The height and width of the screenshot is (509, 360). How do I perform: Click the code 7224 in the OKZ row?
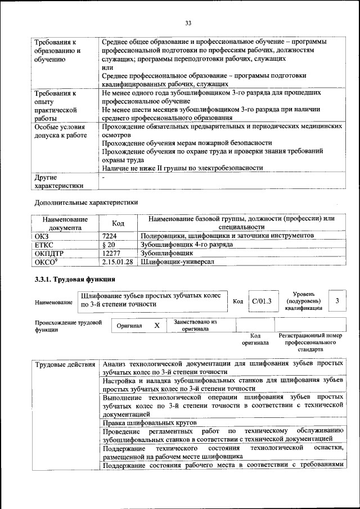[110, 236]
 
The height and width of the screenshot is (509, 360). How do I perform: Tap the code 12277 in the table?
[112, 253]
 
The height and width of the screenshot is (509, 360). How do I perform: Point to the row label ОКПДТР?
[49, 253]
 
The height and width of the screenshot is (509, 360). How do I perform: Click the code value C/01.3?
[262, 301]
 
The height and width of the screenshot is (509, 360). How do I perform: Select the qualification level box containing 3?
[336, 301]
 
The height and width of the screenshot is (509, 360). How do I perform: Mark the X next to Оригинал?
[157, 325]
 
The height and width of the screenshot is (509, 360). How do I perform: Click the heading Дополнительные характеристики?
[86, 201]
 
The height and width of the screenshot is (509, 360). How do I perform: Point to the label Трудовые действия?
[65, 364]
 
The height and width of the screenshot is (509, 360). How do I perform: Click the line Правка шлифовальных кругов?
[149, 422]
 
